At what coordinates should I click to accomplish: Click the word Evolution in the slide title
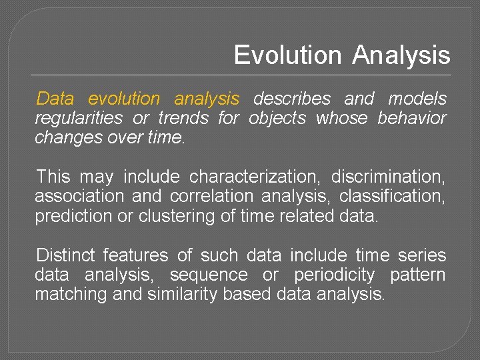coord(288,55)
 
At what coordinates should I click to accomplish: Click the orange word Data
coord(55,99)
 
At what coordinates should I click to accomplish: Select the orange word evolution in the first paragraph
coord(124,99)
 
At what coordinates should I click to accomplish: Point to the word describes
coord(292,99)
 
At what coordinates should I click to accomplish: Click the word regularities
coord(79,119)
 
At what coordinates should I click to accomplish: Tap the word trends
coord(181,119)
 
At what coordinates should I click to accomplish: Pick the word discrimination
coord(389,177)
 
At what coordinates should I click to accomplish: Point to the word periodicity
coord(334,275)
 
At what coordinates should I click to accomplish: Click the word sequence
coord(209,275)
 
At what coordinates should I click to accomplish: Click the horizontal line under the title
coord(241,74)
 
